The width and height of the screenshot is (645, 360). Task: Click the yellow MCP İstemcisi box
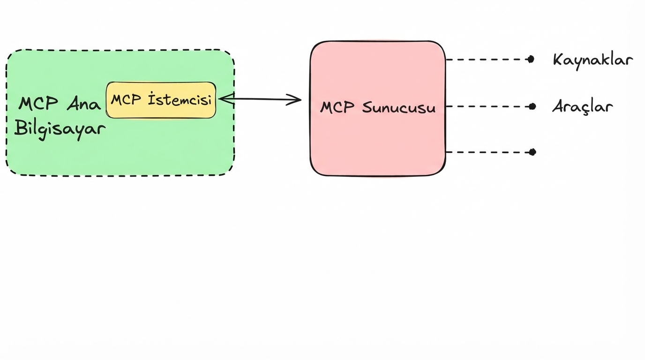pos(161,100)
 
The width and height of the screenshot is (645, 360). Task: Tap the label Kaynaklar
pos(593,60)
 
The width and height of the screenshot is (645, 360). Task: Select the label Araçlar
pos(582,107)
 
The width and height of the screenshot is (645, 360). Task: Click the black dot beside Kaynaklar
pos(531,60)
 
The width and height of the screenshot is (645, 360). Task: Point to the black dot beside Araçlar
pos(532,106)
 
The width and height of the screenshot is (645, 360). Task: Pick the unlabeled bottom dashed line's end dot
pos(532,152)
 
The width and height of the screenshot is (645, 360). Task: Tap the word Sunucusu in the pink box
pos(399,108)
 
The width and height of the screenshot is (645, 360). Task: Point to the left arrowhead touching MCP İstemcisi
pos(224,98)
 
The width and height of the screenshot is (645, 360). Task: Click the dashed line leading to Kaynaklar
pos(487,60)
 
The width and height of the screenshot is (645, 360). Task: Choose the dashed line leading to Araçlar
pos(487,106)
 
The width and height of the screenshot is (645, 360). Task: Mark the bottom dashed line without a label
pos(487,152)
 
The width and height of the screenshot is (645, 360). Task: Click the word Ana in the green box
pos(83,104)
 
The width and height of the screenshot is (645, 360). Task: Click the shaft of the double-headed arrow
pos(260,99)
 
